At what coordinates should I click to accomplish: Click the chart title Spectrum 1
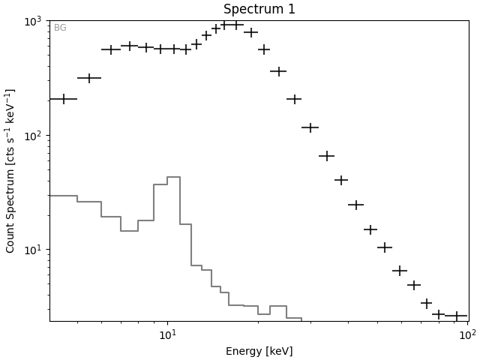(x=259, y=10)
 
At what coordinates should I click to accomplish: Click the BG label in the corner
(x=60, y=28)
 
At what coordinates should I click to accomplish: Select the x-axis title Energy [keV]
(x=259, y=351)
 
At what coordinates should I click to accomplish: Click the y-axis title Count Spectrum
(x=10, y=170)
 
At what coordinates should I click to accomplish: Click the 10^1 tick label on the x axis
(x=167, y=334)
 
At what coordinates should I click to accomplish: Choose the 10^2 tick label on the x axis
(x=466, y=334)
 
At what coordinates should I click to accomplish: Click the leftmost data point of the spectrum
(x=63, y=99)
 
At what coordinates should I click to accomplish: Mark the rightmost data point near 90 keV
(x=456, y=316)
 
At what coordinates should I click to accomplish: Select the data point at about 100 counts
(x=310, y=127)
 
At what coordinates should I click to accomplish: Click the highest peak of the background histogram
(x=173, y=177)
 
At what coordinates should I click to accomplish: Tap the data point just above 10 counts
(x=385, y=247)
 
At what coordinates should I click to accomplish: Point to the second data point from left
(x=89, y=78)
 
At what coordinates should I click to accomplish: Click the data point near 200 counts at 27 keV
(x=294, y=99)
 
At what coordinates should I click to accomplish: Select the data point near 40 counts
(x=341, y=180)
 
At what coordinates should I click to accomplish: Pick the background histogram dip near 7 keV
(x=129, y=231)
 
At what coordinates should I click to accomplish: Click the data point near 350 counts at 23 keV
(x=278, y=72)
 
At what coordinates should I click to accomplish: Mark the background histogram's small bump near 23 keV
(x=277, y=306)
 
